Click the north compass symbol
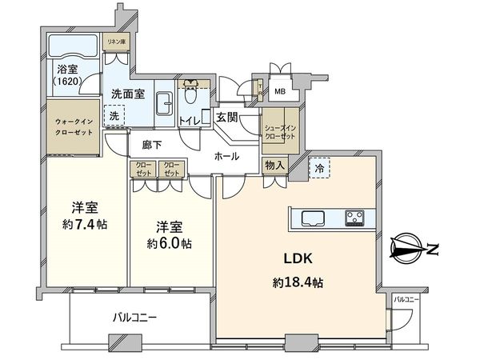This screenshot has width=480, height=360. click(x=411, y=250)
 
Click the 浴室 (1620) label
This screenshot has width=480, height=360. click(x=68, y=76)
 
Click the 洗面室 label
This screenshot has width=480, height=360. click(x=127, y=93)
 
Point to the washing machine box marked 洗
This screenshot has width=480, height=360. click(x=115, y=115)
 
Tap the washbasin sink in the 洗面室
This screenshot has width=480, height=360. click(x=166, y=104)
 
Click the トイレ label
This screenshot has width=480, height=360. click(x=190, y=120)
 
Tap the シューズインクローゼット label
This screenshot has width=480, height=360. click(x=280, y=132)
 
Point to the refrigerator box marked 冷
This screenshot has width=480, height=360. click(x=320, y=169)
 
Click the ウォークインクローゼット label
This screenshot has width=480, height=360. click(x=73, y=127)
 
